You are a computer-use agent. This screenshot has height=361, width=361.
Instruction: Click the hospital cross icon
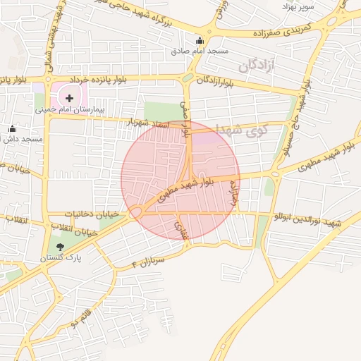pyautogui.click(x=69, y=97)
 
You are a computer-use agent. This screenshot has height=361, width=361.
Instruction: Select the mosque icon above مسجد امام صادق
pyautogui.click(x=200, y=40)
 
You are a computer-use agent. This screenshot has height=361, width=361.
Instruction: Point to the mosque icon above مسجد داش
pyautogui.click(x=12, y=128)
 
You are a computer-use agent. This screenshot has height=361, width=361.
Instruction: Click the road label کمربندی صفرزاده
pyautogui.click(x=281, y=32)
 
